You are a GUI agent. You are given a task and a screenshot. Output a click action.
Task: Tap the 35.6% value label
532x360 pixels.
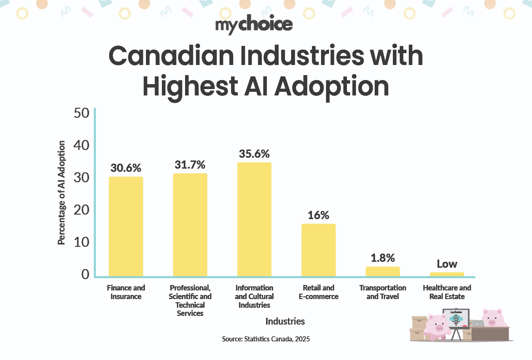(x=254, y=154)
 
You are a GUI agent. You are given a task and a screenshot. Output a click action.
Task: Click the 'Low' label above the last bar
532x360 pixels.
(x=447, y=264)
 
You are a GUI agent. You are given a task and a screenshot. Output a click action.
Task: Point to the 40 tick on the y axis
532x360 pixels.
(x=82, y=145)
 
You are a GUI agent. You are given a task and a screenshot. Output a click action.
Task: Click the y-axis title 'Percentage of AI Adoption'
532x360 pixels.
(x=61, y=193)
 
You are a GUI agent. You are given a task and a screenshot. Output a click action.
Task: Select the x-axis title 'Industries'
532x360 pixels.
(x=285, y=321)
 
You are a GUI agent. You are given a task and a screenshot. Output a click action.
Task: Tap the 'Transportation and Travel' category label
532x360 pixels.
(x=382, y=292)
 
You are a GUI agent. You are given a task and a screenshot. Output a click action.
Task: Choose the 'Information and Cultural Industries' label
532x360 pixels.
(x=254, y=296)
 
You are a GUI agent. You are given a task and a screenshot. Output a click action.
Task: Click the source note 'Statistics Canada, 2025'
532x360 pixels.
(x=266, y=339)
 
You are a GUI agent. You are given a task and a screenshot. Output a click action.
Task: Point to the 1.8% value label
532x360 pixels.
(x=382, y=258)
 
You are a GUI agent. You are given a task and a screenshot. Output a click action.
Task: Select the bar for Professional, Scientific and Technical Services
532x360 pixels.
(x=190, y=225)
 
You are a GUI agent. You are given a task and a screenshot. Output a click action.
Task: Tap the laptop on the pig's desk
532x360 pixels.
(x=477, y=324)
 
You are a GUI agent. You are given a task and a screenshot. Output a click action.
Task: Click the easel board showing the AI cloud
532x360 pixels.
(x=456, y=318)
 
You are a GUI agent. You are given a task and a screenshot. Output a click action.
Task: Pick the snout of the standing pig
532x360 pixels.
(x=439, y=328)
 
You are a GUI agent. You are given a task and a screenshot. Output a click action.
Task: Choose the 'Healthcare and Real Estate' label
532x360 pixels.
(x=447, y=292)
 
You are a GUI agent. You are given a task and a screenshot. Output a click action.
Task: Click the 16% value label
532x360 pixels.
(x=318, y=215)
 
